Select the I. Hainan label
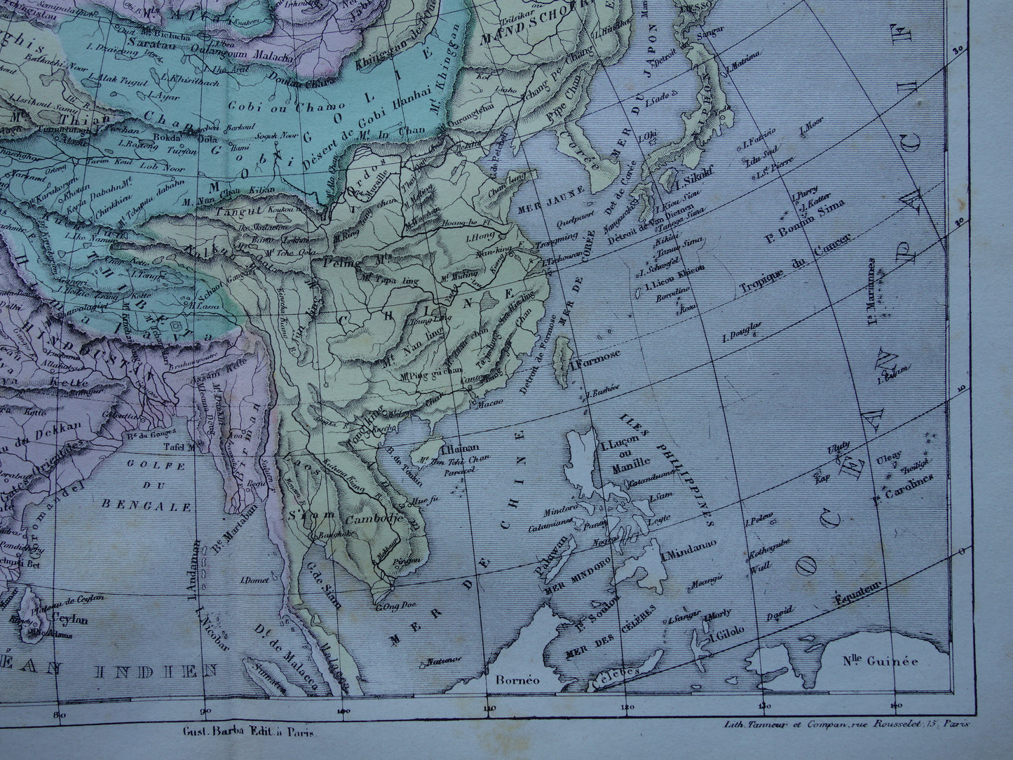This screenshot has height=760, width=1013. pyautogui.click(x=460, y=448)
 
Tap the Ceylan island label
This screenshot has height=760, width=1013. pyautogui.click(x=69, y=620)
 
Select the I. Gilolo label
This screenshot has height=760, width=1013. pyautogui.click(x=728, y=637)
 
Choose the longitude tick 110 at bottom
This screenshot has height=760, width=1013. pyautogui.click(x=489, y=710)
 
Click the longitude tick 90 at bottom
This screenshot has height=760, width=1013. pyautogui.click(x=205, y=713)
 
